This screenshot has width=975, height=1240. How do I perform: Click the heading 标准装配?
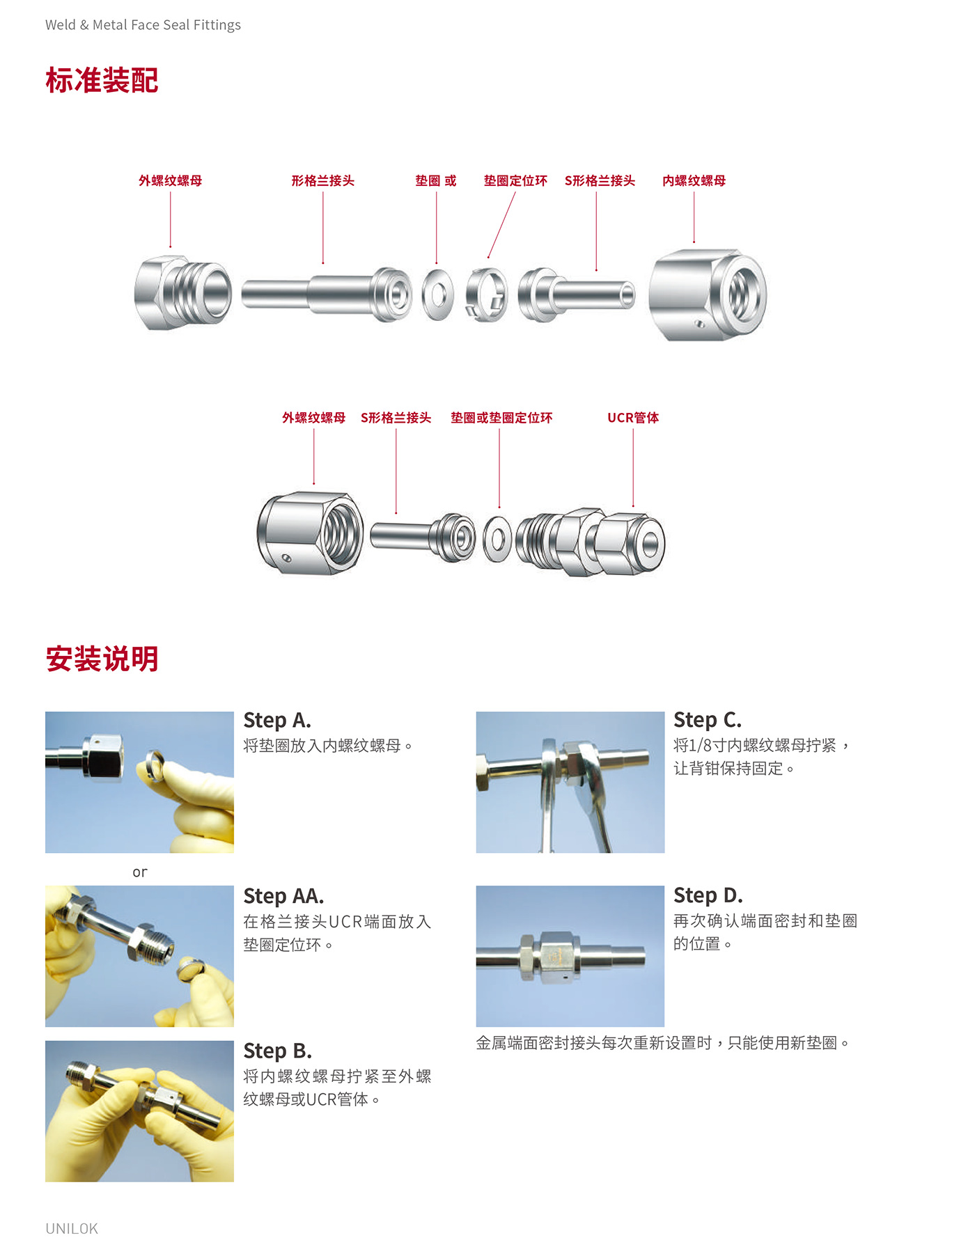(x=102, y=81)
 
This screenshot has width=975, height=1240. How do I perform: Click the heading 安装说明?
(x=102, y=659)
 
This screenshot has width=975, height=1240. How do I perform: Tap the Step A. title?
(x=277, y=720)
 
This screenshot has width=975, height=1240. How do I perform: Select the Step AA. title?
(x=283, y=895)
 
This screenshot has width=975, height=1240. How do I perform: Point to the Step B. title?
(x=277, y=1050)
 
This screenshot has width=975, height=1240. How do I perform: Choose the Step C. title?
(x=708, y=720)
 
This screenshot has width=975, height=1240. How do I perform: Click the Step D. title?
(x=708, y=895)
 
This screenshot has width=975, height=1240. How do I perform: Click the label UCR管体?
(x=632, y=418)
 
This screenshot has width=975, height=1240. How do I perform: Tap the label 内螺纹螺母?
(x=694, y=181)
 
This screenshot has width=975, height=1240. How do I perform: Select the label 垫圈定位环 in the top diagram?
(x=515, y=181)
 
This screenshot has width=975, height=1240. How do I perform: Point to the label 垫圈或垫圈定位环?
(x=501, y=418)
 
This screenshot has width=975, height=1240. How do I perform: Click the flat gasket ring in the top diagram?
(x=437, y=295)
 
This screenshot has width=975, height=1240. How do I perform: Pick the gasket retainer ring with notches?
(x=486, y=295)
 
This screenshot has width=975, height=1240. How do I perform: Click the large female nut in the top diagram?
(x=707, y=295)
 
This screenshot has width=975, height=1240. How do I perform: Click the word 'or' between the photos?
(x=140, y=872)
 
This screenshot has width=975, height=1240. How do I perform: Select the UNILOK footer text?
(x=72, y=1228)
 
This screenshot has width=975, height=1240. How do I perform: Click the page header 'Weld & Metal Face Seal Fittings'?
(x=143, y=25)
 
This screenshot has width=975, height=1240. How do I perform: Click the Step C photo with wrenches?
(x=570, y=782)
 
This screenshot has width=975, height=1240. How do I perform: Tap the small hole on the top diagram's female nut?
(x=699, y=324)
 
